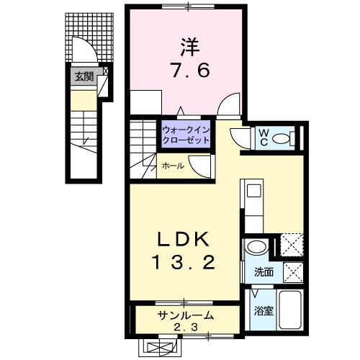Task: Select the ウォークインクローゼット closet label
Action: [186, 135]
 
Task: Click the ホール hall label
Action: [171, 166]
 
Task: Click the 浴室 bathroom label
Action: [263, 311]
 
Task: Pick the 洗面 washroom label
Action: [264, 273]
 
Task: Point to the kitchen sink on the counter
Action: [254, 192]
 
